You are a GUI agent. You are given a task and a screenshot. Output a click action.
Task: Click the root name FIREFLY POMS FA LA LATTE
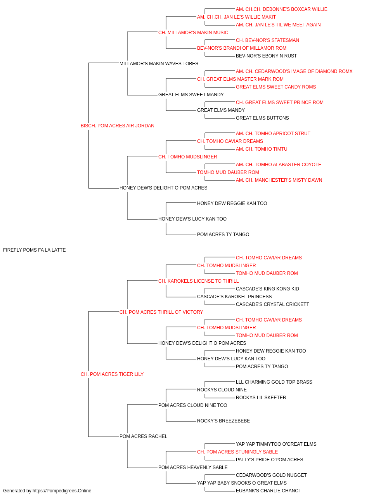[x=34, y=250]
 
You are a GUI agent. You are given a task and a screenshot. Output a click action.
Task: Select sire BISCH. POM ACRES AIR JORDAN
[x=118, y=126]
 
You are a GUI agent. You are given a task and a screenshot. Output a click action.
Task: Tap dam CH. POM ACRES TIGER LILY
[x=112, y=374]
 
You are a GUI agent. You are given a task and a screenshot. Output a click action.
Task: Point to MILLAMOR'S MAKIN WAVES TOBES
[x=159, y=64]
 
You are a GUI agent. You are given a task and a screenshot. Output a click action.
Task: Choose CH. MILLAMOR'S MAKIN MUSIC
[x=193, y=33]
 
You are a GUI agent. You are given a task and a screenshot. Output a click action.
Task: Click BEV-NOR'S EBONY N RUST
[x=266, y=56]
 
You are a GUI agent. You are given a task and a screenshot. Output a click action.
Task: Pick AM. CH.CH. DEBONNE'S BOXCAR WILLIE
[x=282, y=9]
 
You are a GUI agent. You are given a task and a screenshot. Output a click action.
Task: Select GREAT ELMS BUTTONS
[x=262, y=118]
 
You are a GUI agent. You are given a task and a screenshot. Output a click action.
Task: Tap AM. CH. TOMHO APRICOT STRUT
[x=273, y=134]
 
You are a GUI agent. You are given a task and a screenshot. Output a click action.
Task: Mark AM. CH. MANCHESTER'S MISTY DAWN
[x=279, y=180]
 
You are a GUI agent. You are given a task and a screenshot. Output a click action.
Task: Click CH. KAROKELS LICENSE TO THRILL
[x=198, y=281]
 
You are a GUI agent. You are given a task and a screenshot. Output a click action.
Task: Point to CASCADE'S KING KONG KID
[x=267, y=289]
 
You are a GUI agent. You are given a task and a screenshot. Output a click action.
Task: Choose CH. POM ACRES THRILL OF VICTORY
[x=161, y=312]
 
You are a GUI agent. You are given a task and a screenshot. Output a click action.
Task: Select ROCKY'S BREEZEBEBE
[x=223, y=421]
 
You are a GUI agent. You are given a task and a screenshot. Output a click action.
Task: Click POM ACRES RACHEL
[x=143, y=436]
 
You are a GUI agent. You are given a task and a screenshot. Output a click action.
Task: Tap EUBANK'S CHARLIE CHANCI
[x=268, y=491]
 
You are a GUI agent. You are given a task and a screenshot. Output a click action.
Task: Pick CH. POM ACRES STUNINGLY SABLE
[x=237, y=452]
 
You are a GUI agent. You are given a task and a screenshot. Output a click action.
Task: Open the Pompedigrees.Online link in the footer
[x=62, y=491]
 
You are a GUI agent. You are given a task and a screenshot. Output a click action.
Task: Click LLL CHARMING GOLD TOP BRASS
[x=274, y=382]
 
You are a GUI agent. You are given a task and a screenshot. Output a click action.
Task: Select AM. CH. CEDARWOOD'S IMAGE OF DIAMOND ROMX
[x=294, y=71]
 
